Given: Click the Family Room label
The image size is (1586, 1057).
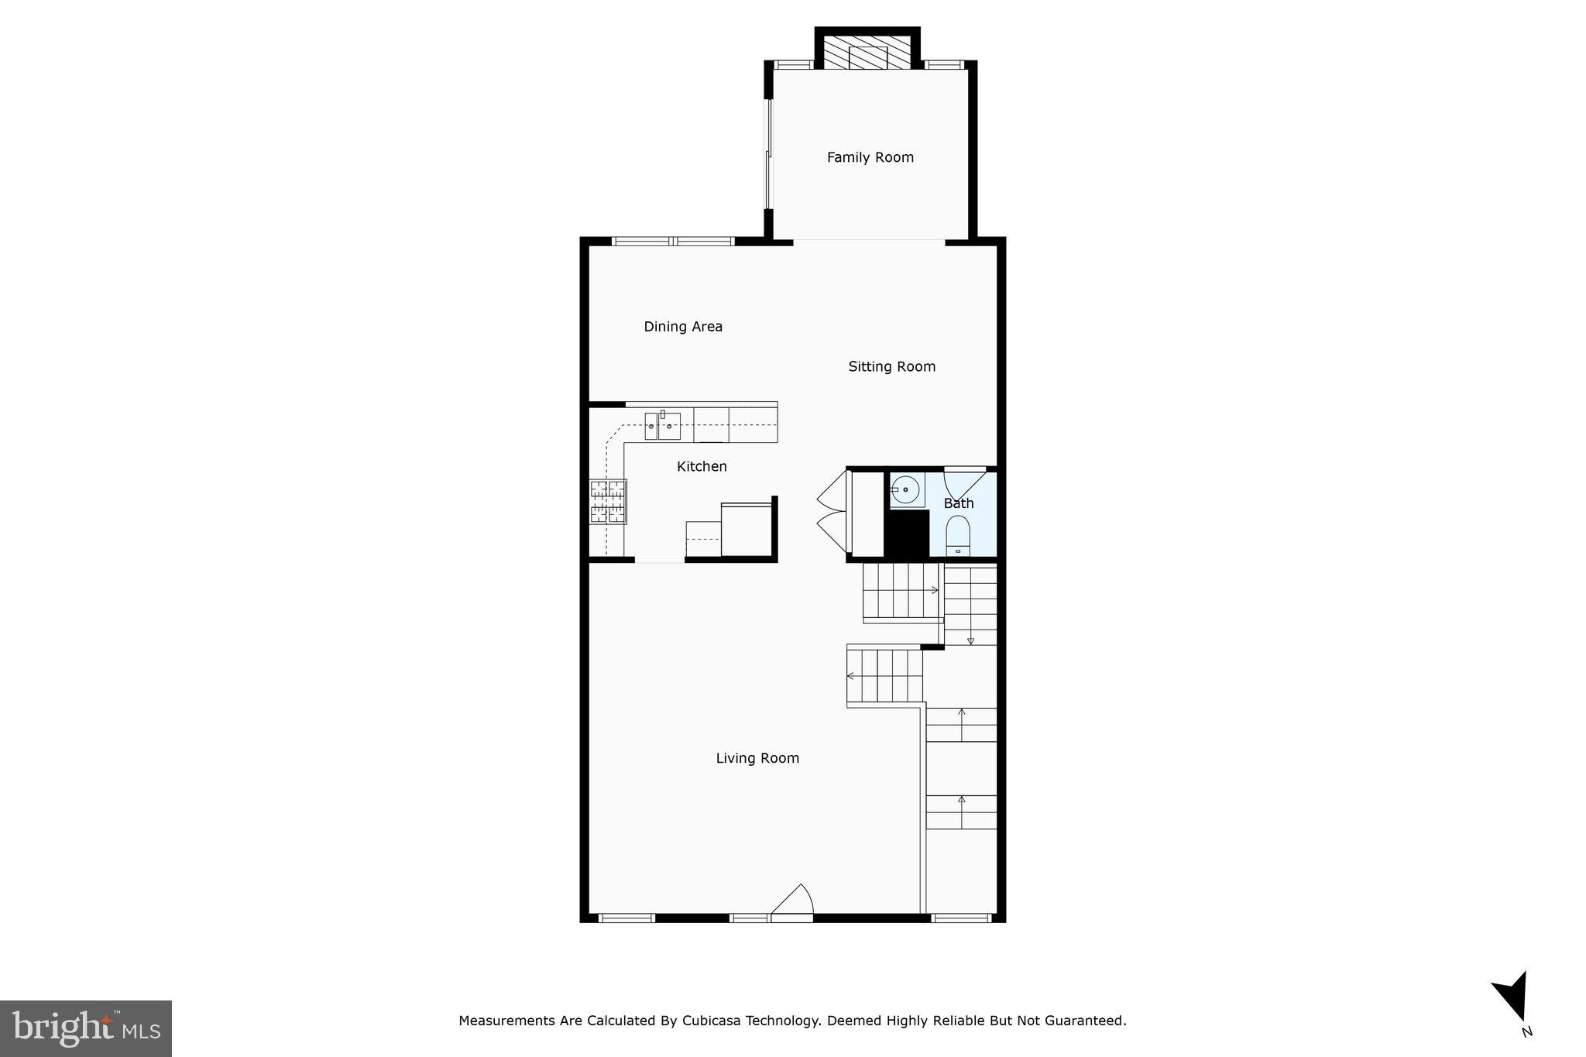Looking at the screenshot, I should click(870, 157).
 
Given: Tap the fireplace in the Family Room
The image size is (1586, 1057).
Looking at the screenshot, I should click(867, 52).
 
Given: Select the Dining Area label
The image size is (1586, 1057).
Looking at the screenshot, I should click(683, 327).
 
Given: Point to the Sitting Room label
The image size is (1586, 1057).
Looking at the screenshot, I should click(891, 366).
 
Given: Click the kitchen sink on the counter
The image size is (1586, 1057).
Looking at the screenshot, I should click(662, 426).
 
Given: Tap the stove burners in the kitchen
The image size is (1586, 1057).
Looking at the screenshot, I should click(608, 501).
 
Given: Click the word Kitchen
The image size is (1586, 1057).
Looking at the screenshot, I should click(702, 466).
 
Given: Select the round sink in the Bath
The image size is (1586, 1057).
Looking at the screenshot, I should click(905, 490).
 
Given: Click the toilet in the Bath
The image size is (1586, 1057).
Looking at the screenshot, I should click(958, 535).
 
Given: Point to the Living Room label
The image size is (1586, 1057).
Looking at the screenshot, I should click(757, 758).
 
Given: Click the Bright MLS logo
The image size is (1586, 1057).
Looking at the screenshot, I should click(86, 1028).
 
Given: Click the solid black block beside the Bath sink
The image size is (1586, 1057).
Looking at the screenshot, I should click(907, 533).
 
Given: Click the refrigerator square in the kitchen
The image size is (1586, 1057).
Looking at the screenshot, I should click(747, 530).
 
